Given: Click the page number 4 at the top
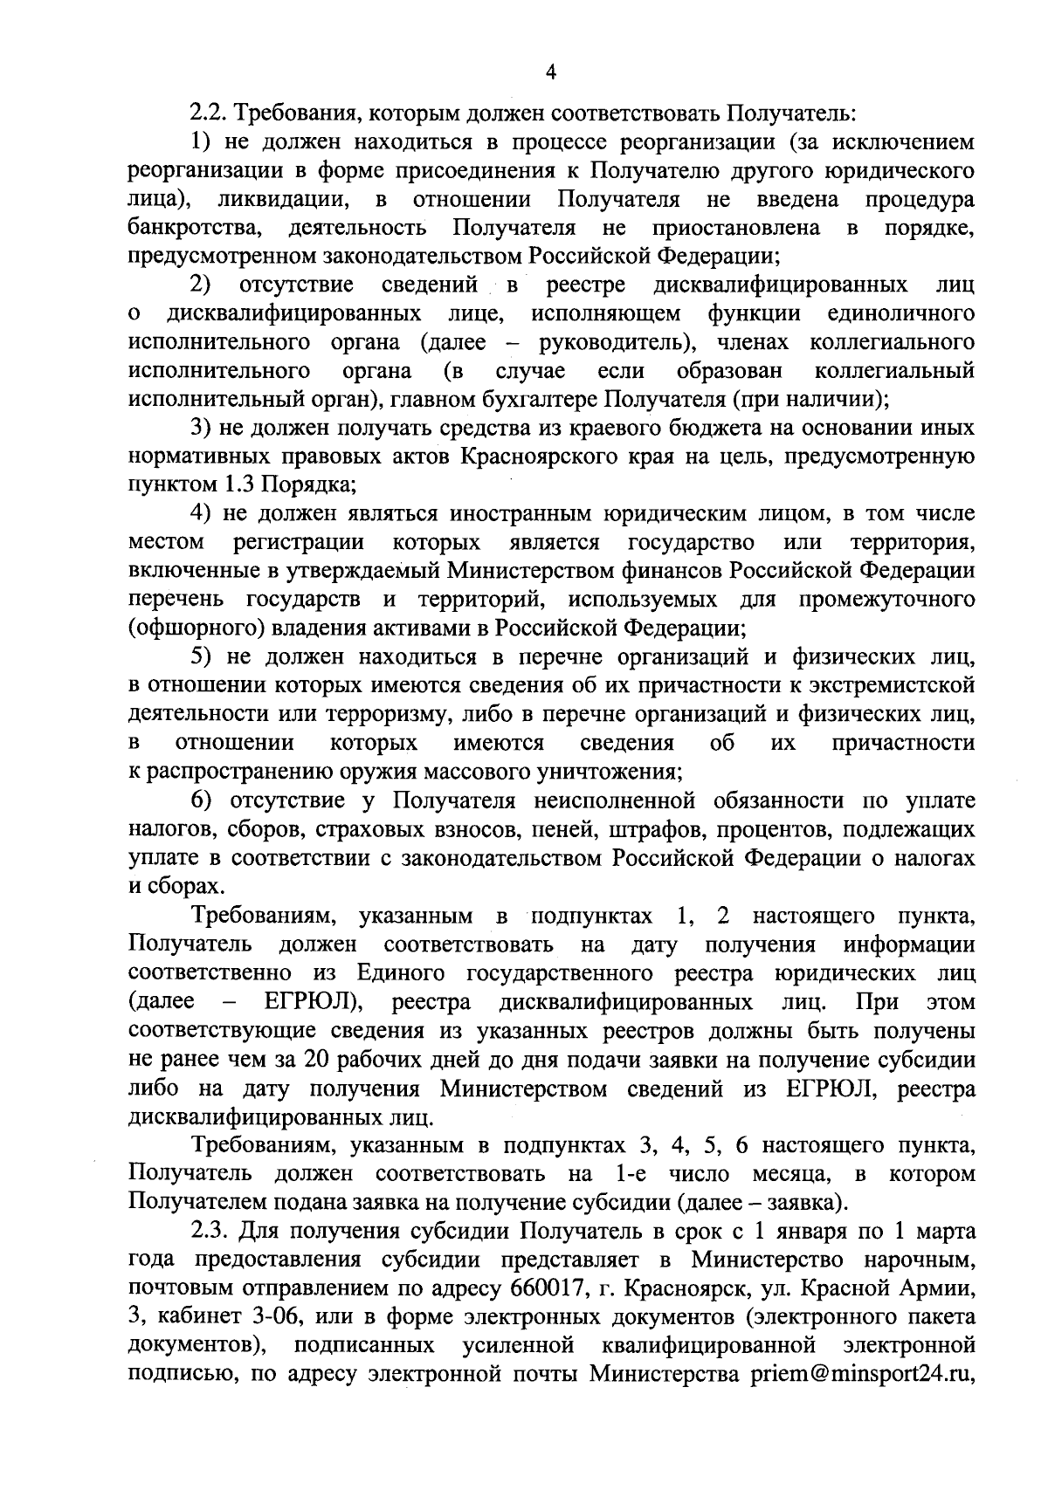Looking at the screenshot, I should [x=551, y=72].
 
